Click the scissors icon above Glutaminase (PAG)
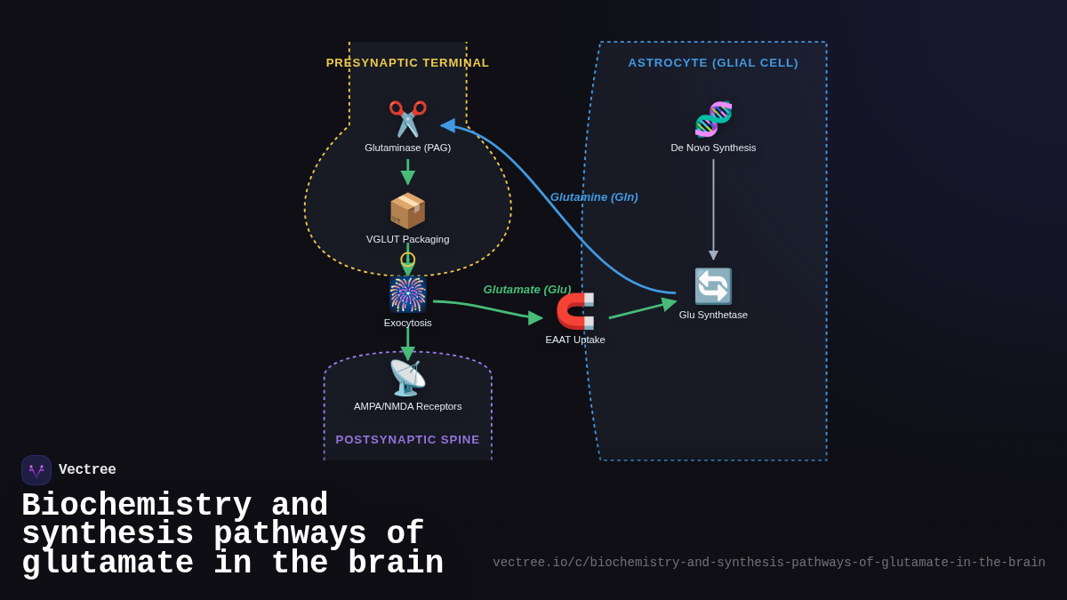point(407,119)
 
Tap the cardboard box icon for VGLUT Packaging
point(407,211)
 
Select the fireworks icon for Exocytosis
point(407,294)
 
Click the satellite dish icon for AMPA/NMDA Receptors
point(407,378)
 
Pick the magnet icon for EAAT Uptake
point(575,311)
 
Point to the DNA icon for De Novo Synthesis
point(713,119)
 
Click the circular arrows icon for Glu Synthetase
point(713,286)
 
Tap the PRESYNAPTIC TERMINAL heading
point(407,63)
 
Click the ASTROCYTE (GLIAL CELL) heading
point(713,63)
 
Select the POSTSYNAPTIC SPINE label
point(407,439)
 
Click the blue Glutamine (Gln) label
point(594,197)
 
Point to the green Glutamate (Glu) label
point(526,289)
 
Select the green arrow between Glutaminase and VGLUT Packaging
point(407,172)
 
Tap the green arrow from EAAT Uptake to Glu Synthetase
point(640,309)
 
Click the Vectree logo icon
point(36,470)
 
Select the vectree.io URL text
point(768,563)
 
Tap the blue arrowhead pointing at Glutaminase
point(448,125)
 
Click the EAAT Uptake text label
point(575,340)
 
